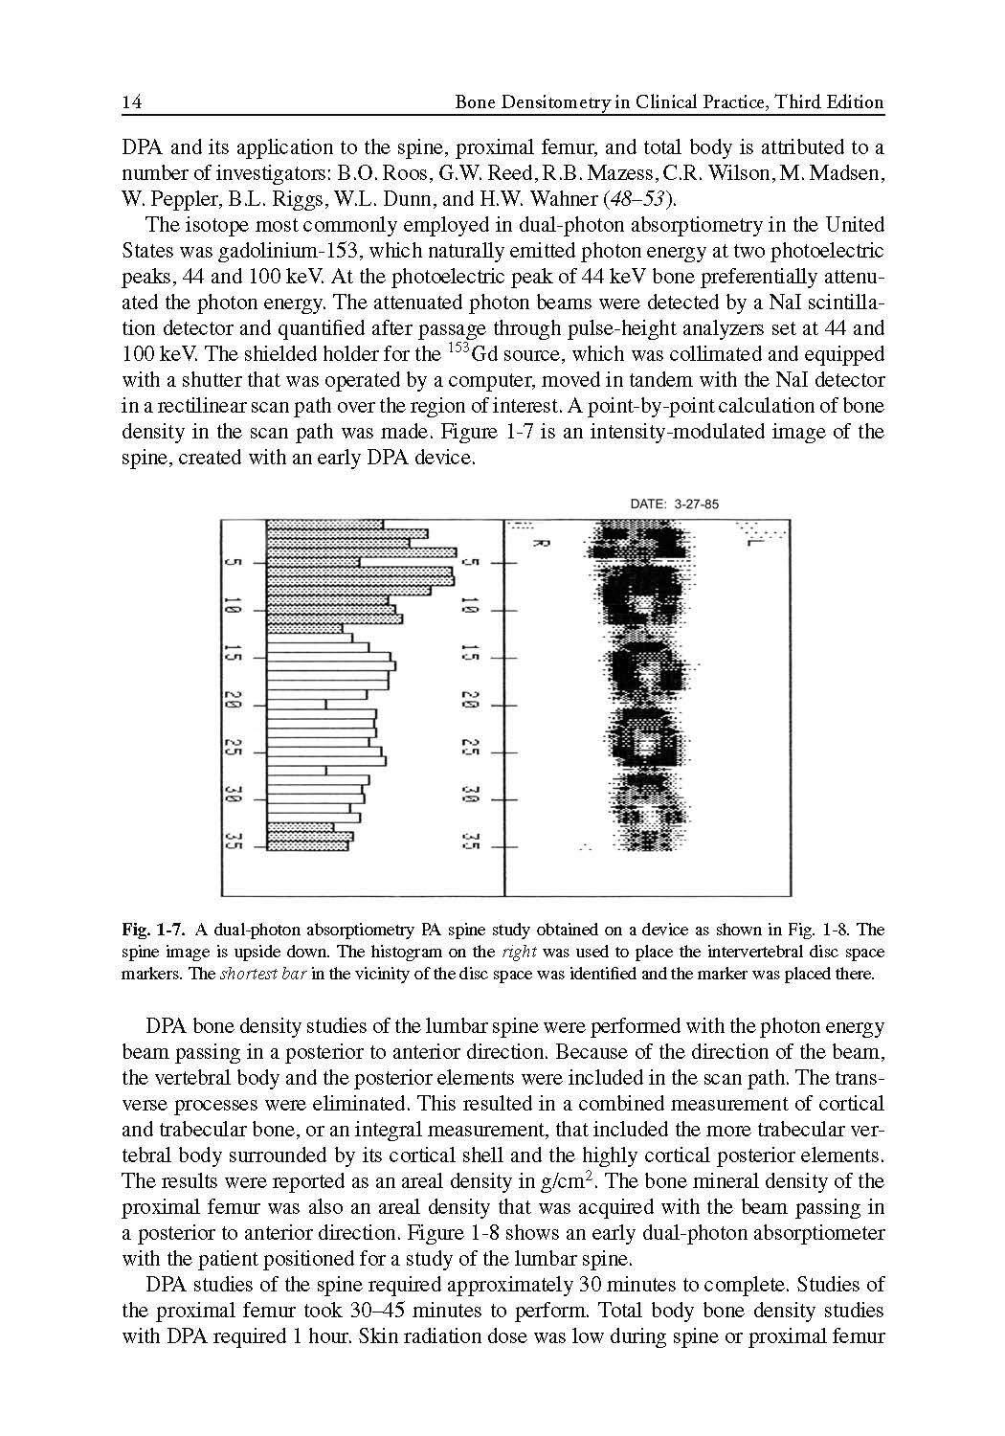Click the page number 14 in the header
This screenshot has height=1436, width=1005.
click(x=133, y=102)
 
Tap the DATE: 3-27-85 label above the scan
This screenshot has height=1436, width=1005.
click(x=674, y=505)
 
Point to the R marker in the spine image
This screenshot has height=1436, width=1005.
click(x=538, y=543)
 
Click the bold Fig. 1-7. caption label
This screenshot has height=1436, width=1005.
click(x=152, y=930)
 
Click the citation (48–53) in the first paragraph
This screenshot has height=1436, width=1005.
click(x=647, y=199)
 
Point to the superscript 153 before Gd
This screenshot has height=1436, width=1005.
click(x=458, y=348)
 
